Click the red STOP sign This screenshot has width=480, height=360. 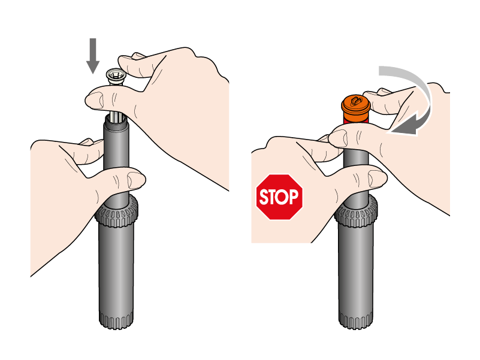tap(279, 197)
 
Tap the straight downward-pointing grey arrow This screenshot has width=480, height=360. tap(93, 56)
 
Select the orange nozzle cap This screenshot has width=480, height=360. tap(356, 109)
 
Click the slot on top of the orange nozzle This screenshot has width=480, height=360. tap(356, 101)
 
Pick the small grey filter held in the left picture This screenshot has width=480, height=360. tap(115, 77)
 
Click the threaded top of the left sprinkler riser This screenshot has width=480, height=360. tap(116, 123)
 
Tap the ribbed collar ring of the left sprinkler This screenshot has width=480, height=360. tap(116, 211)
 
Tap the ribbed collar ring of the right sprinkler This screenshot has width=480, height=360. tap(356, 211)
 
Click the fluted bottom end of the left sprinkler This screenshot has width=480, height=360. tap(116, 320)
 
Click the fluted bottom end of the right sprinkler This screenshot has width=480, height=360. tap(356, 320)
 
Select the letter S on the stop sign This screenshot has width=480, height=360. tap(264, 197)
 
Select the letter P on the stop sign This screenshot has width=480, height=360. tap(293, 196)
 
